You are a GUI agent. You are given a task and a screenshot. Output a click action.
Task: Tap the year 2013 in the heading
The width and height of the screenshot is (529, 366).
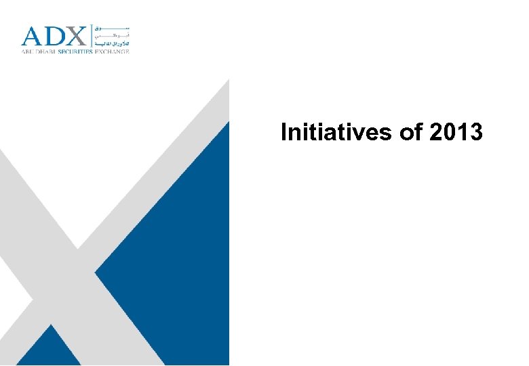click(456, 132)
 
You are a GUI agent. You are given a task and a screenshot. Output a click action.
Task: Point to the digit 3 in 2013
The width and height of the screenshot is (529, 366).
click(476, 132)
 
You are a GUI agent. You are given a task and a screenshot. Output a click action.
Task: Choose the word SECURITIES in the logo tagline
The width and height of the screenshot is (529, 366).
click(81, 51)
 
